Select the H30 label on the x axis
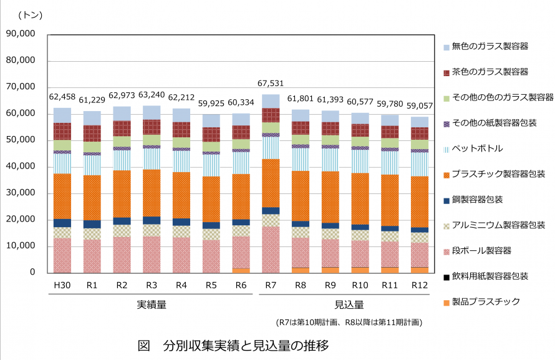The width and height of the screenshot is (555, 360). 62,285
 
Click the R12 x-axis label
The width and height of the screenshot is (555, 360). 420,285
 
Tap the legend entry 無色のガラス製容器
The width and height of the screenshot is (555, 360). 490,46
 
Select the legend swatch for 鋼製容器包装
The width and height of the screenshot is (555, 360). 446,200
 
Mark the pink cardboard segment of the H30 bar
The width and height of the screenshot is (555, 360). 62,255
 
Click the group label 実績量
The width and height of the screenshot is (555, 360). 152,305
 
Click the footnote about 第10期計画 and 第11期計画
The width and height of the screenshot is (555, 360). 349,323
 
